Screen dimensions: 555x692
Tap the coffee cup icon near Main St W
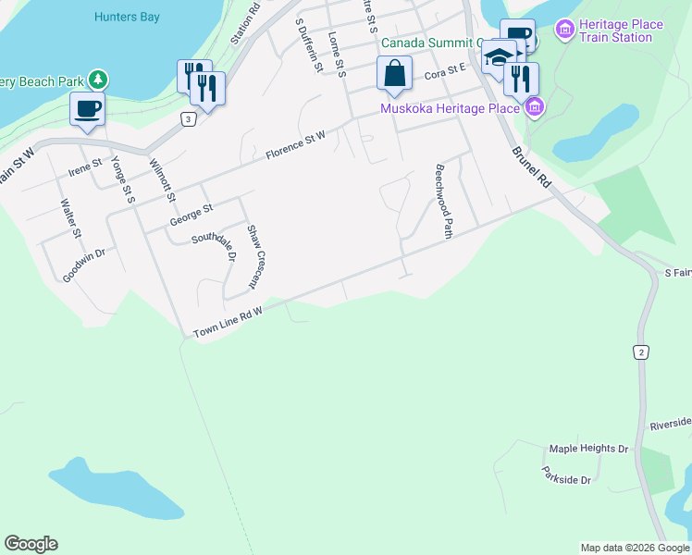pyautogui.click(x=87, y=108)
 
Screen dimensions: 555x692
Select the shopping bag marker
pyautogui.click(x=394, y=73)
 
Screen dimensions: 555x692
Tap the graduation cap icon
pyautogui.click(x=499, y=56)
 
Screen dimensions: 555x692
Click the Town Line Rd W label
pyautogui.click(x=229, y=323)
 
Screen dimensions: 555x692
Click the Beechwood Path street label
pyautogui.click(x=443, y=203)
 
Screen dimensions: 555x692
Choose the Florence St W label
pyautogui.click(x=295, y=144)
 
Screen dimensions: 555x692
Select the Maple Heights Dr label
pyautogui.click(x=588, y=449)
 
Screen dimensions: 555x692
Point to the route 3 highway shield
pyautogui.click(x=189, y=119)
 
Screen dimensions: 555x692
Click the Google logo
pyautogui.click(x=31, y=544)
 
